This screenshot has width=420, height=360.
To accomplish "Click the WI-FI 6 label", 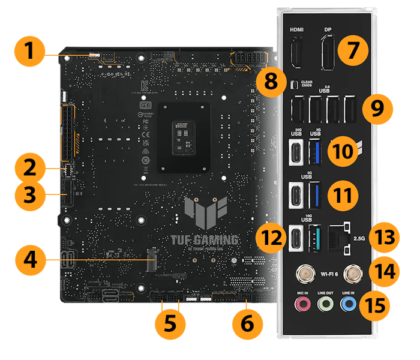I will (x=329, y=275).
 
